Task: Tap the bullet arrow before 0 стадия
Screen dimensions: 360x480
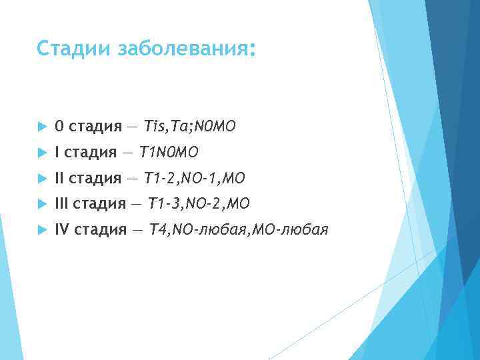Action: (41, 126)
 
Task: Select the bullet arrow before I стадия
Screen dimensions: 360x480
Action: (41, 152)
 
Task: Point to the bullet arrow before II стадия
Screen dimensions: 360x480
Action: (41, 178)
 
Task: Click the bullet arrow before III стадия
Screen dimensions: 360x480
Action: (41, 204)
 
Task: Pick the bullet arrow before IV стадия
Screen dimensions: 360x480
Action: (41, 230)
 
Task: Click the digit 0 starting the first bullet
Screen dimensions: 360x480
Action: (59, 126)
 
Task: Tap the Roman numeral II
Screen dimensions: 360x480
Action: (59, 178)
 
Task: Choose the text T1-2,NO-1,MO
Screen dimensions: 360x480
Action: (195, 178)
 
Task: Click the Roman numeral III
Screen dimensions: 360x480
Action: (61, 204)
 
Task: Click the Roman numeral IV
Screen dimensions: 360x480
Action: (62, 230)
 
